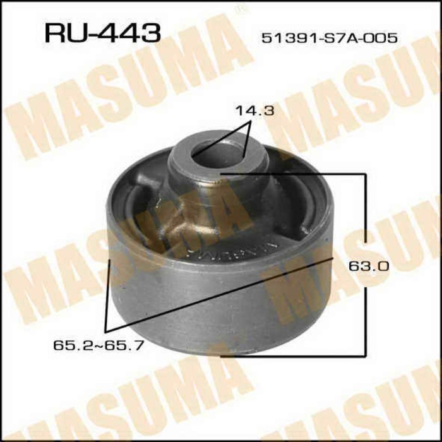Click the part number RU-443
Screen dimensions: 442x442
(102, 32)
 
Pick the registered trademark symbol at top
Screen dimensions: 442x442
(238, 9)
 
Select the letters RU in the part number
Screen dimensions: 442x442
(61, 32)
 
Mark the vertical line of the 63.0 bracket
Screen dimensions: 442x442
(366, 215)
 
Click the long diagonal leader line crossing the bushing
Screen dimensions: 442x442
(215, 296)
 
